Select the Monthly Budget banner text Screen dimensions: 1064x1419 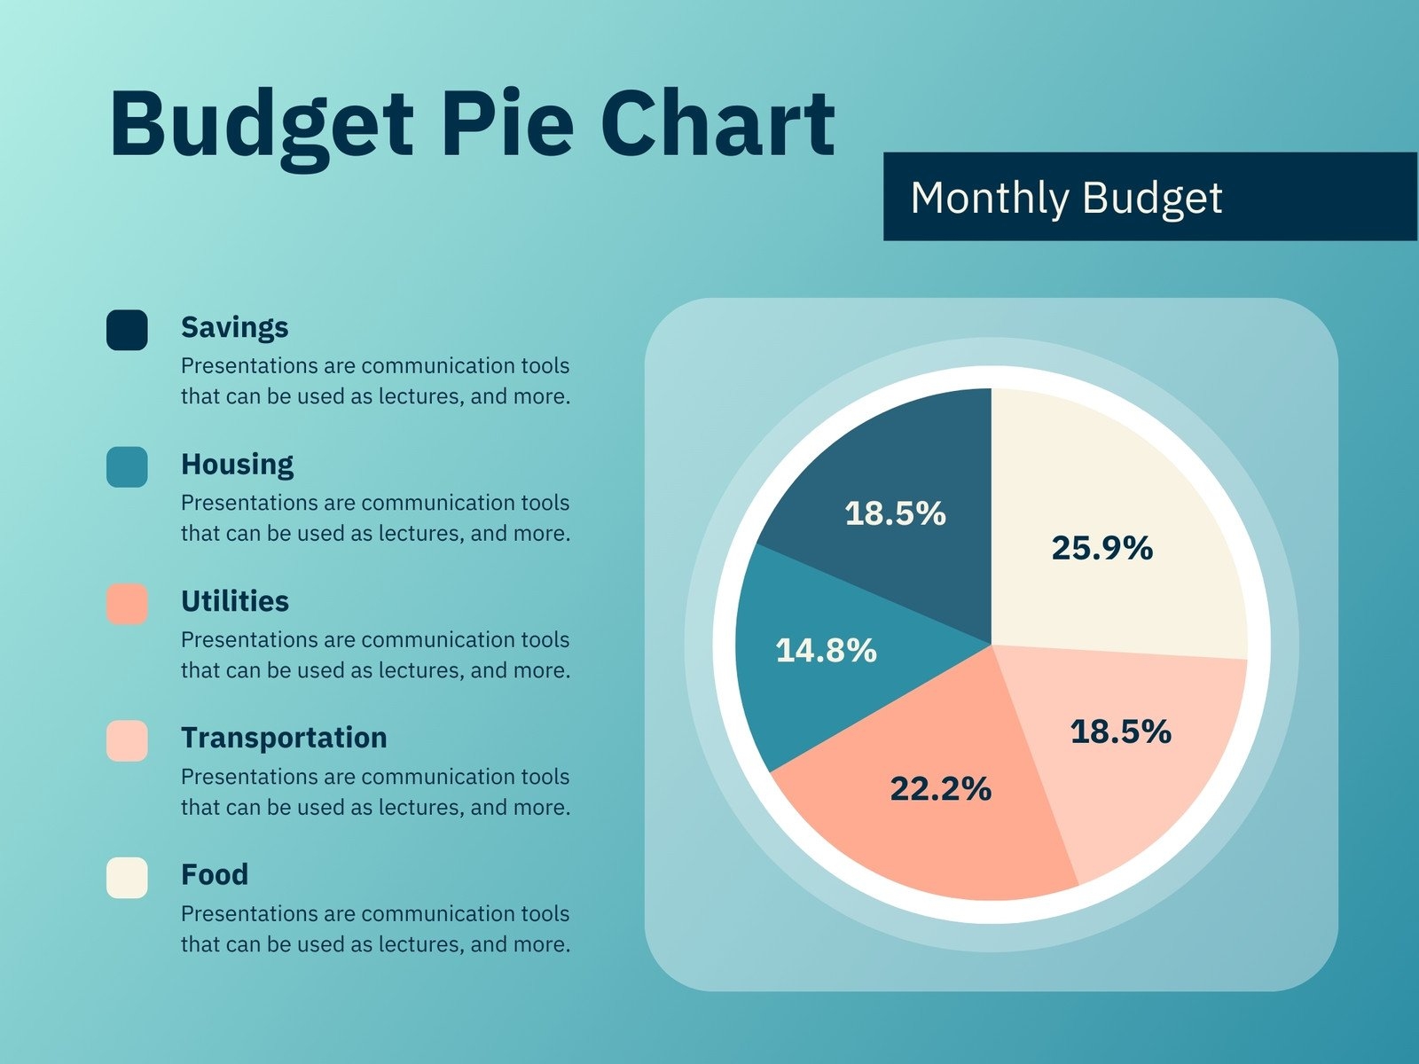(1066, 197)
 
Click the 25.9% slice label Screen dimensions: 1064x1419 (1101, 548)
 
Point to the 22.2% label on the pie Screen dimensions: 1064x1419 (940, 788)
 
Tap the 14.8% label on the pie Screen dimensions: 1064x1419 (826, 651)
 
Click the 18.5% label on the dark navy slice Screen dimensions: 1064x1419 (895, 513)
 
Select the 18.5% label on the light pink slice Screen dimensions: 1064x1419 (1120, 731)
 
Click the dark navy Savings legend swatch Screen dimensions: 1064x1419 (127, 330)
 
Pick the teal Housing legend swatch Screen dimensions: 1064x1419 (127, 466)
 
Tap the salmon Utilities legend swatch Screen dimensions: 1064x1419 (127, 604)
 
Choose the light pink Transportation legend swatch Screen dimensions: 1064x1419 (127, 740)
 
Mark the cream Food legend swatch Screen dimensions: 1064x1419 (127, 878)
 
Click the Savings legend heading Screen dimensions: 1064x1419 (234, 327)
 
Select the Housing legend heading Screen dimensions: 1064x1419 (237, 464)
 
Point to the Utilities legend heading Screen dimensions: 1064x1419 (234, 601)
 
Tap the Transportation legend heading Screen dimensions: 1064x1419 (284, 738)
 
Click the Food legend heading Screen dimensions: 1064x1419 (214, 874)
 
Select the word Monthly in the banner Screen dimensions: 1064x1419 (989, 197)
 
